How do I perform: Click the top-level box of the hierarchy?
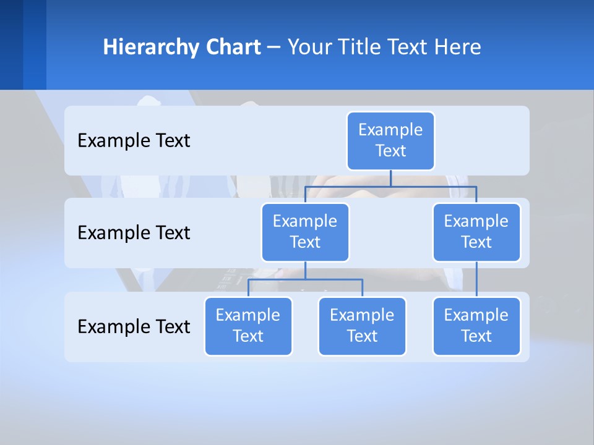pos(390,140)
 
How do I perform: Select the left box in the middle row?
pos(305,232)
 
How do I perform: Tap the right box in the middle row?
pos(476,232)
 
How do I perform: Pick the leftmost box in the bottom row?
pos(248,326)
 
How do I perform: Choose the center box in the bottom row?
pos(362,326)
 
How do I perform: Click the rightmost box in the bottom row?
pos(476,326)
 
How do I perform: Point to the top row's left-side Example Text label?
pos(134,141)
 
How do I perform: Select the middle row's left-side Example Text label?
pos(134,233)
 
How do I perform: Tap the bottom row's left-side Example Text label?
pos(134,327)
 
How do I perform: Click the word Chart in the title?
pos(233,47)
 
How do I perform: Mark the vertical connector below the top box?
pos(390,178)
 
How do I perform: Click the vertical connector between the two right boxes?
pos(476,279)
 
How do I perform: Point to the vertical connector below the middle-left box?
pos(305,270)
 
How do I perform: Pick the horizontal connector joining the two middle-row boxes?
pos(390,186)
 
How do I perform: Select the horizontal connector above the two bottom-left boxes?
pos(305,279)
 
